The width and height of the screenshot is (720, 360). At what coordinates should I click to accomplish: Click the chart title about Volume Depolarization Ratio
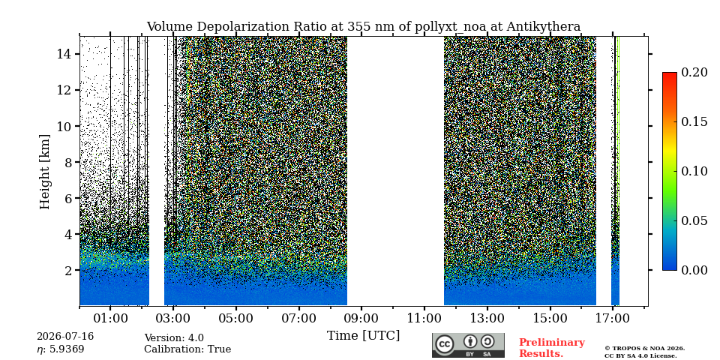point(363,27)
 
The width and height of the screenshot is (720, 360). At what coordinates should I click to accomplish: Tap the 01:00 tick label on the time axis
point(110,318)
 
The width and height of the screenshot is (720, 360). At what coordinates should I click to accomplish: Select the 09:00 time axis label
point(361,318)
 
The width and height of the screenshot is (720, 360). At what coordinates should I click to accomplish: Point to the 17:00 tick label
point(613,318)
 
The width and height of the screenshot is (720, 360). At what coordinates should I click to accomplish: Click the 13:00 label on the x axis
point(487,318)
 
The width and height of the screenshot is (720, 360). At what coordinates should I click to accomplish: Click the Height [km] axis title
point(44,172)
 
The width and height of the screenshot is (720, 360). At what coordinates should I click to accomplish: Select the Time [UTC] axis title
point(363,336)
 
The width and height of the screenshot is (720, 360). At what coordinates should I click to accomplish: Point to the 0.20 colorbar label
point(694,72)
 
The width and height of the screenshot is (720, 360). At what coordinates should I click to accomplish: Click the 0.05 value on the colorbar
point(694,220)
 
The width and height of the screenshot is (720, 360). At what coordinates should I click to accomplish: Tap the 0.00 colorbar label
point(694,270)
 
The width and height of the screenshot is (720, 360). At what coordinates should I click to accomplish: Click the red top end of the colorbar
point(670,74)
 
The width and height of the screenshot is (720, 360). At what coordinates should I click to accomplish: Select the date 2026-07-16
point(65,337)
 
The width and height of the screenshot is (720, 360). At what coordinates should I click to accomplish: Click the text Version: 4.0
point(174,338)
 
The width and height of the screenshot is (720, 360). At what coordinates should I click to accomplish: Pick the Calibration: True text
point(187,349)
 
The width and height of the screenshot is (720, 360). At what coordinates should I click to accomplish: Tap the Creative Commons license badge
point(468,345)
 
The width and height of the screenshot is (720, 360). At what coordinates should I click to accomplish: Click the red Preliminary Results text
point(552,347)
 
